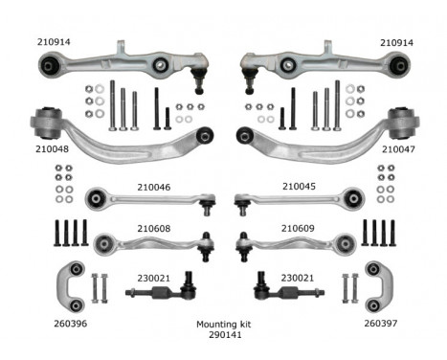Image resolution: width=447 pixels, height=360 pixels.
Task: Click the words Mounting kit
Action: click(223, 325)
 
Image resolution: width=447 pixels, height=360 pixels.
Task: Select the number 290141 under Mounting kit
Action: click(223, 336)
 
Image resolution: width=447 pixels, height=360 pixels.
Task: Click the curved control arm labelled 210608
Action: click(153, 241)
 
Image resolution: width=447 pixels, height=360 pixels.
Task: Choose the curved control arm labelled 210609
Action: click(297, 241)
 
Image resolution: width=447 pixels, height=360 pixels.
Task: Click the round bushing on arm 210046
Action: click(96, 199)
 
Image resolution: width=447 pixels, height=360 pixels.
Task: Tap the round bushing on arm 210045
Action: click(354, 199)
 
